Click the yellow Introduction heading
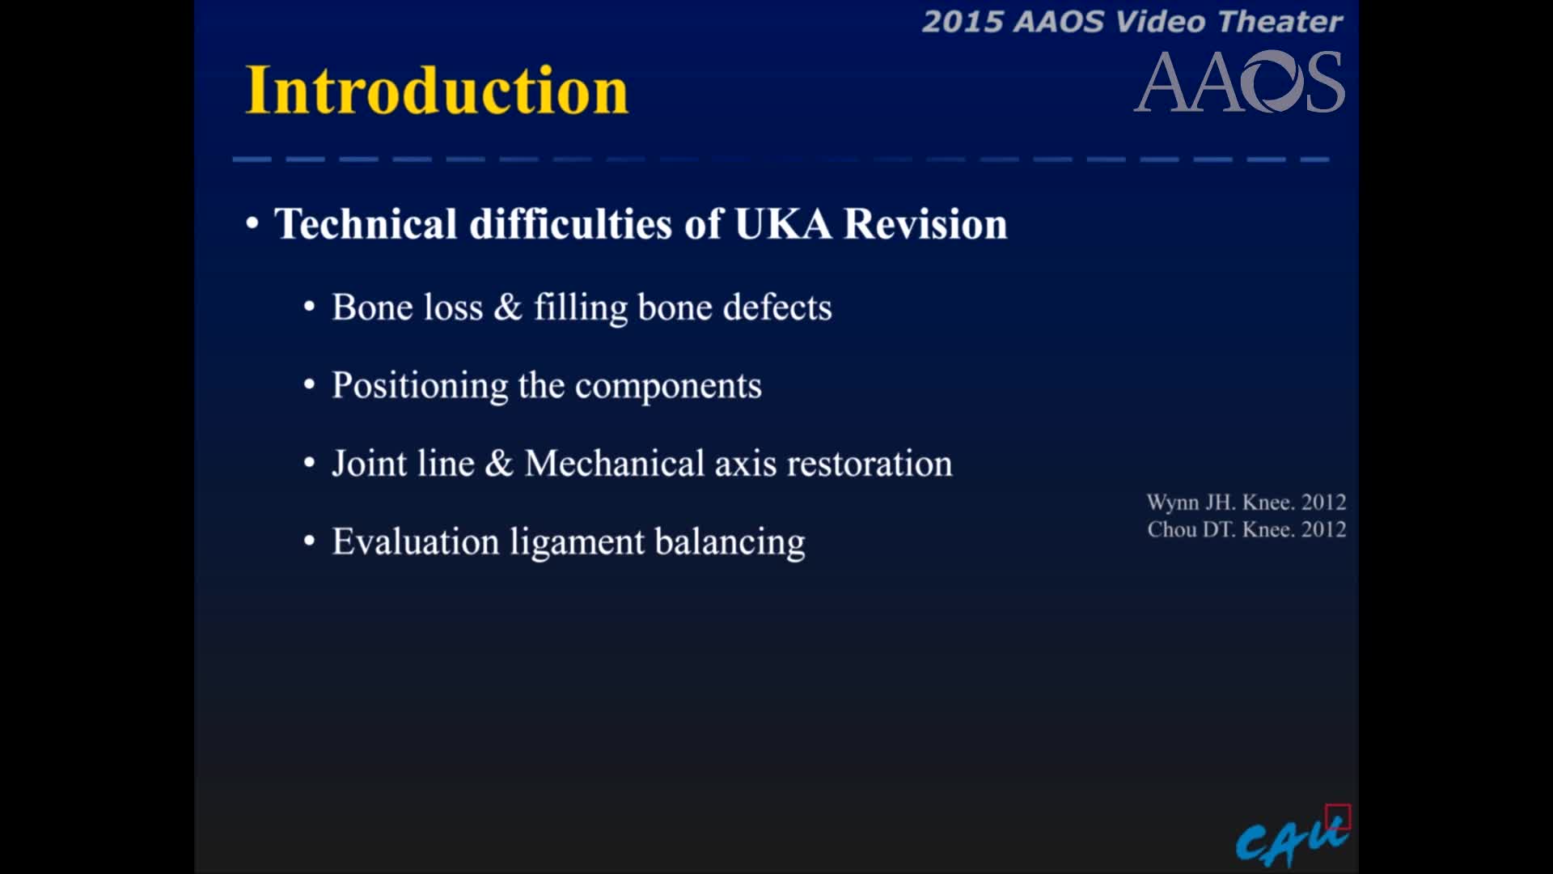437,90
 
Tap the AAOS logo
1239,83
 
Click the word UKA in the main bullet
782,224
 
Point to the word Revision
925,224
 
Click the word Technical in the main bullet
366,224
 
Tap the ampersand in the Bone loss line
508,308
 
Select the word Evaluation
415,541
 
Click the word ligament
577,541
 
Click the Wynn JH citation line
1246,503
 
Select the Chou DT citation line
1246,529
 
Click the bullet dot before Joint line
309,464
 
